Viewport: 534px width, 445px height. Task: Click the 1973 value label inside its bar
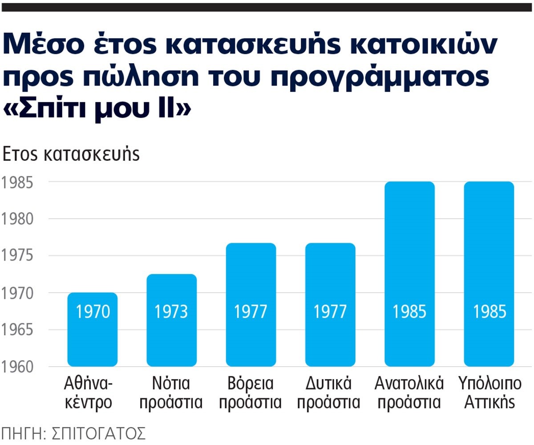click(172, 312)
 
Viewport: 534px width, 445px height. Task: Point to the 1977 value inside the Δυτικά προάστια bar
click(330, 312)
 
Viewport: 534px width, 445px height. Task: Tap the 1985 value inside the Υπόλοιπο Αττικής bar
click(489, 312)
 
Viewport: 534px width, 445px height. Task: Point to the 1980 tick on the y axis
click(16, 220)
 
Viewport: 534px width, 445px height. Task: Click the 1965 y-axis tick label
click(16, 331)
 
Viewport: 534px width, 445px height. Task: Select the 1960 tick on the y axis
click(16, 367)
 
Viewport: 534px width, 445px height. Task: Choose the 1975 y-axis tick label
click(16, 257)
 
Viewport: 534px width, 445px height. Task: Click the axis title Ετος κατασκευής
click(71, 154)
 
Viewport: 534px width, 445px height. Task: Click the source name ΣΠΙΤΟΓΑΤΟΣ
click(97, 433)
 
